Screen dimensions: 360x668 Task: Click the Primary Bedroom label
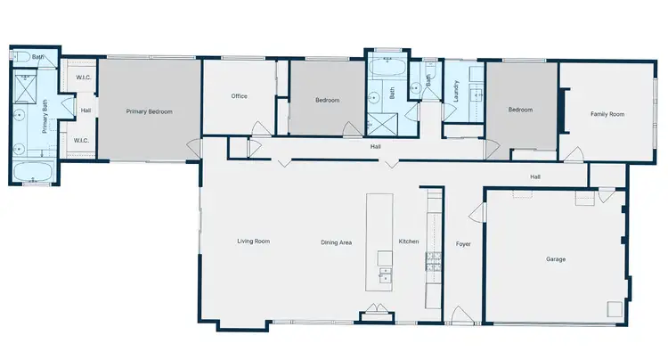click(149, 111)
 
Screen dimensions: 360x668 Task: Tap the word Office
click(239, 96)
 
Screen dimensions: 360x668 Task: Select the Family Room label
click(607, 113)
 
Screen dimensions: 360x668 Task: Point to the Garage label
click(556, 259)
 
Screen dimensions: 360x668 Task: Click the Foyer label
click(463, 243)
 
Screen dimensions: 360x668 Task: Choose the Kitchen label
click(408, 241)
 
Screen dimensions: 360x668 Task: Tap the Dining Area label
click(337, 241)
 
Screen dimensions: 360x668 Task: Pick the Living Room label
click(253, 241)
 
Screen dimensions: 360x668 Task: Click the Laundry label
click(455, 93)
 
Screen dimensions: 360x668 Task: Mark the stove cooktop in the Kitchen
click(434, 260)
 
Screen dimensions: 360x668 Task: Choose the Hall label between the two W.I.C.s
click(86, 111)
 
